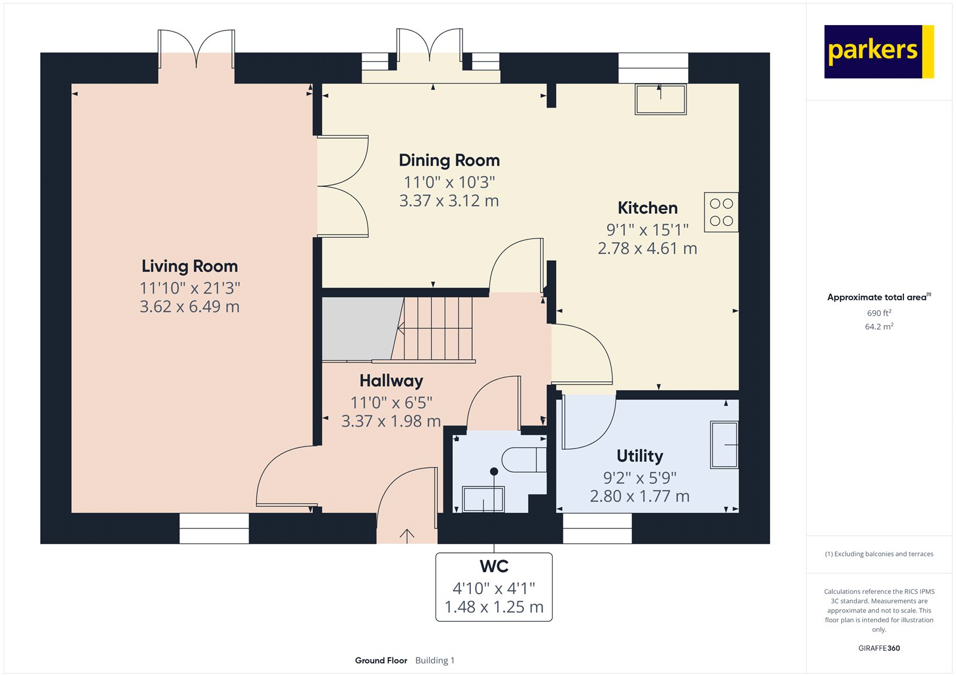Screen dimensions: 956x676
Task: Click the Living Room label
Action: tap(189, 266)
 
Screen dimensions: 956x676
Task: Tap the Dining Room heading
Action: tap(449, 160)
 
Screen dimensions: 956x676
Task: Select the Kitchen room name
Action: tap(648, 208)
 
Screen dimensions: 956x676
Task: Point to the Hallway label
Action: tap(391, 381)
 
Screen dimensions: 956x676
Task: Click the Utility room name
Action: tap(640, 456)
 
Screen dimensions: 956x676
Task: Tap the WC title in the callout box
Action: tap(494, 566)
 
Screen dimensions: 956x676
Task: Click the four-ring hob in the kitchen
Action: tap(721, 212)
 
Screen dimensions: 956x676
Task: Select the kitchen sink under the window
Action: tap(661, 99)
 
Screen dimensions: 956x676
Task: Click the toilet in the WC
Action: tap(525, 460)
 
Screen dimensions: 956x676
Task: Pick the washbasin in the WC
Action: tap(483, 498)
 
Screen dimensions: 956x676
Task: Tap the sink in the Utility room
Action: tap(724, 445)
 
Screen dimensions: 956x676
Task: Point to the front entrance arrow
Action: tap(407, 536)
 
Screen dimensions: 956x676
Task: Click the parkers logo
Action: tap(879, 51)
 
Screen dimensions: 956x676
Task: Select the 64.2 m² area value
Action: tap(879, 327)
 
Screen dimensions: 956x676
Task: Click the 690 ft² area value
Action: tap(879, 313)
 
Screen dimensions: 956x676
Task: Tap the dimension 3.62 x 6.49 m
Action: tap(189, 307)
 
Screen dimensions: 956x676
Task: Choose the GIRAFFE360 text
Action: tap(879, 648)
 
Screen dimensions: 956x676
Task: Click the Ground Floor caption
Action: tap(381, 660)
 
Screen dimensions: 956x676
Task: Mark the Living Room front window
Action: tap(214, 528)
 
